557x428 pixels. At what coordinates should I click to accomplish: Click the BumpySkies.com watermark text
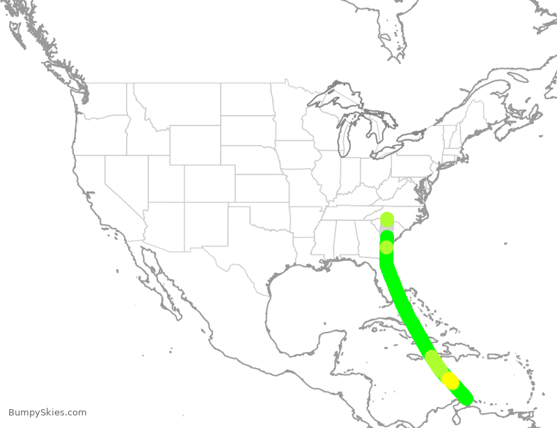[x=47, y=413]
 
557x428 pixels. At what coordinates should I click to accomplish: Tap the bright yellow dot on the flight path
[x=451, y=381]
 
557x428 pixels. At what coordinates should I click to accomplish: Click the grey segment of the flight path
[x=386, y=233]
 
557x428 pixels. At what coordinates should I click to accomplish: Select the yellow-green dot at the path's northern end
[x=386, y=220]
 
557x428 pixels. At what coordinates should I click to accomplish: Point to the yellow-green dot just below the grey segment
[x=386, y=247]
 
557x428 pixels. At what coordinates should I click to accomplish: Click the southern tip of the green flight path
[x=465, y=398]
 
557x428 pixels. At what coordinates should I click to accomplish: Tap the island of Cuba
[x=390, y=328]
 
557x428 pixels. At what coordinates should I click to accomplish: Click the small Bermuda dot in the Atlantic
[x=507, y=243]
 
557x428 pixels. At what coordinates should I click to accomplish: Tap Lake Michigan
[x=343, y=139]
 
